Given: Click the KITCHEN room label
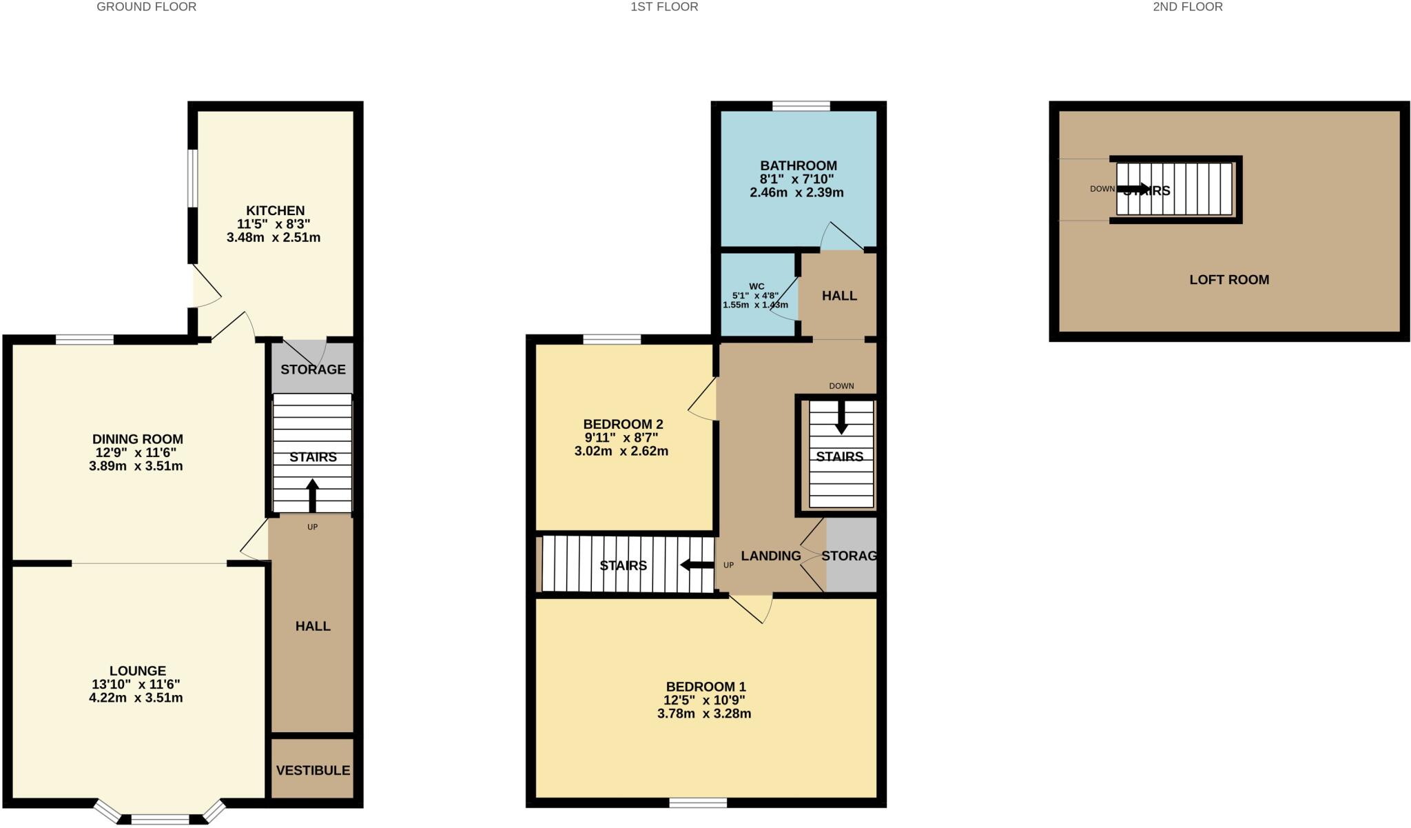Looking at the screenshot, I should (275, 210).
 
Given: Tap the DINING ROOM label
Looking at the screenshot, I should (138, 439).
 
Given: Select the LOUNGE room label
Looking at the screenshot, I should (138, 671).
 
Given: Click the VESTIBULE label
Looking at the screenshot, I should (313, 770).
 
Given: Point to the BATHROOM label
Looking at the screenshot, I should (799, 165).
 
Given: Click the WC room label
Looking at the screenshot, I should (756, 286).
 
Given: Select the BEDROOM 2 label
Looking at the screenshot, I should (623, 424).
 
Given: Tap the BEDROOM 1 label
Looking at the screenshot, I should (705, 687).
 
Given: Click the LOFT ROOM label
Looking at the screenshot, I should (1229, 280).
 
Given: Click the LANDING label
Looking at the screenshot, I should (771, 556).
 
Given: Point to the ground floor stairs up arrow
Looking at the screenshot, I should (313, 495).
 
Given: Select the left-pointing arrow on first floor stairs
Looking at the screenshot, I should (697, 565).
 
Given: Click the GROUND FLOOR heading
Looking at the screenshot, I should (146, 7).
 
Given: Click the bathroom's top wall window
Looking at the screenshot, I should (801, 106).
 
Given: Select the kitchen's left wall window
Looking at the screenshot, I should (194, 177).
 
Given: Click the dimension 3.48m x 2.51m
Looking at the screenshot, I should (274, 238).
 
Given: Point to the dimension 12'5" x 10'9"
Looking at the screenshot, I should (705, 700).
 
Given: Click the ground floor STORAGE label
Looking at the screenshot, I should (313, 370).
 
